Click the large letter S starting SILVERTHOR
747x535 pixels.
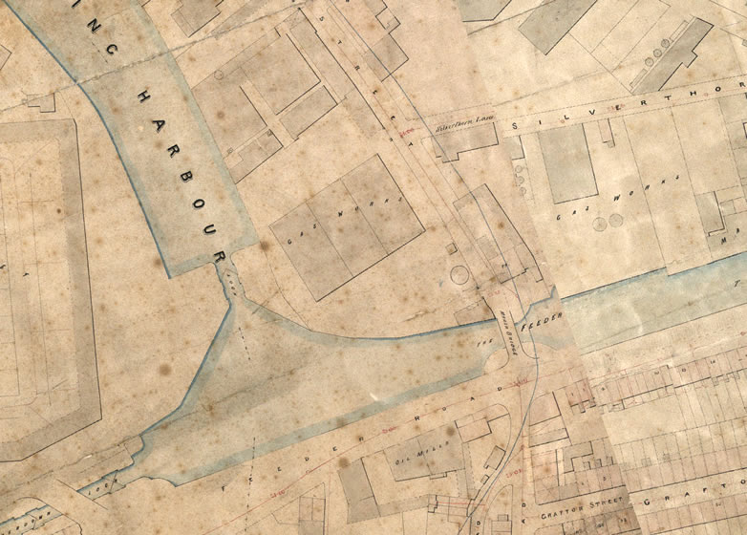[516, 125]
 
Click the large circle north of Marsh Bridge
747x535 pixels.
[460, 275]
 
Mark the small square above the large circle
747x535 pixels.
[451, 247]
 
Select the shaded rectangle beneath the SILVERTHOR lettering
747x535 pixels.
[568, 162]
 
